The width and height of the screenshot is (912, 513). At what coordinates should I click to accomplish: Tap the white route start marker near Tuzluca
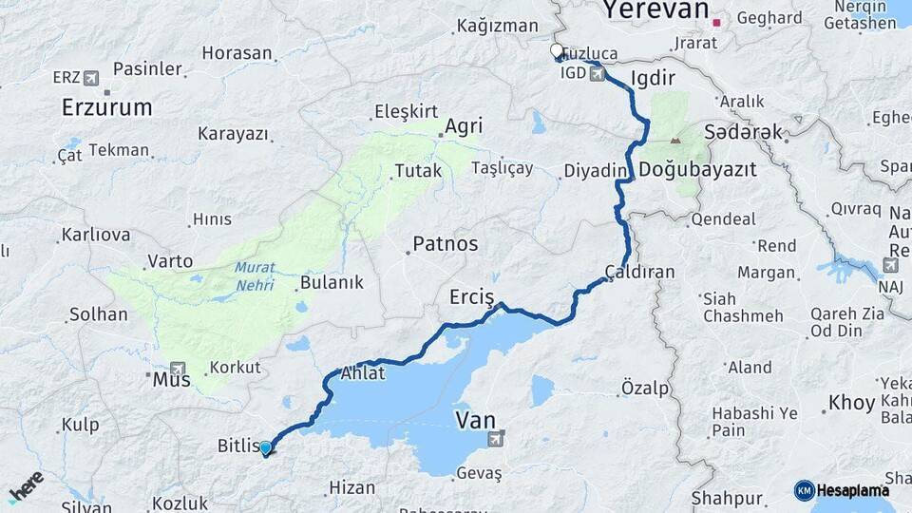click(x=557, y=50)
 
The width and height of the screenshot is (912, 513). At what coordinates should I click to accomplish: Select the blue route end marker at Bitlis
click(x=265, y=448)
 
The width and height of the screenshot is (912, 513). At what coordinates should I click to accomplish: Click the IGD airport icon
click(x=596, y=73)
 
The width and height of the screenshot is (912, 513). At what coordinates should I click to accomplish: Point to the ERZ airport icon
click(x=90, y=77)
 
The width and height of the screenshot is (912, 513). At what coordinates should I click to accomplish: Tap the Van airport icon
click(x=495, y=438)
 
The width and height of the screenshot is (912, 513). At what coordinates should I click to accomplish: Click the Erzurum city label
click(x=106, y=107)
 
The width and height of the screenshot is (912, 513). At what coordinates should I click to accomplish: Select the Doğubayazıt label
click(x=697, y=170)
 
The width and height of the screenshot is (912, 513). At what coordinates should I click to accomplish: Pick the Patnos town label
click(x=445, y=244)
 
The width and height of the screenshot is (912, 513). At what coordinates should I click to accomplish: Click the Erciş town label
click(x=471, y=298)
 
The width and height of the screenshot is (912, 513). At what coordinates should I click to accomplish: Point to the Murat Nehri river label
click(x=255, y=275)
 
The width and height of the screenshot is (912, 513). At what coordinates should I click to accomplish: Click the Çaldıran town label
click(x=639, y=273)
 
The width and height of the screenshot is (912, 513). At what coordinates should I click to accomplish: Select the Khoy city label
click(x=851, y=403)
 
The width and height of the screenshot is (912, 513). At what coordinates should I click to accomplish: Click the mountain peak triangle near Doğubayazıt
click(x=675, y=141)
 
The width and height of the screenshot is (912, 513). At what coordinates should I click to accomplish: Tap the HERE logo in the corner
click(x=26, y=486)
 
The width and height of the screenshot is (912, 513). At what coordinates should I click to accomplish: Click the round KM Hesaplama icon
click(x=804, y=490)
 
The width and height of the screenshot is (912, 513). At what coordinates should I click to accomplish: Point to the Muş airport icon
click(x=178, y=369)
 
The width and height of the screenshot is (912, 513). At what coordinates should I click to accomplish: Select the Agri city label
click(x=464, y=126)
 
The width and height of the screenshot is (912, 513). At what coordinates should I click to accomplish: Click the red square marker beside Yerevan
click(x=719, y=20)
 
